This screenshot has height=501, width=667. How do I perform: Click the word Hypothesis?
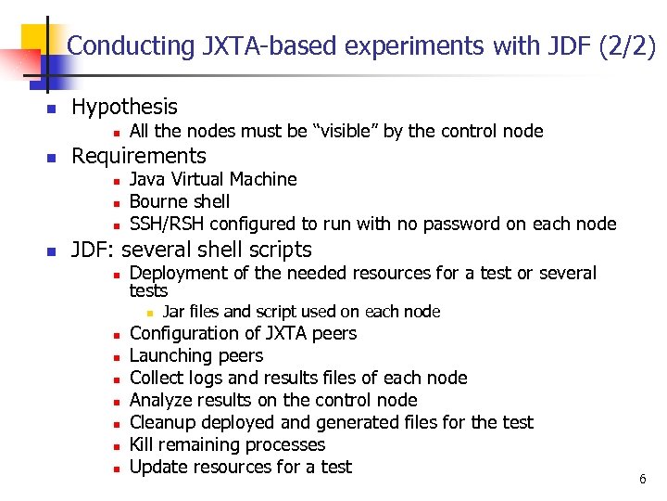coord(124,108)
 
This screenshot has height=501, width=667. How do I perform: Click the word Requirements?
coord(138,156)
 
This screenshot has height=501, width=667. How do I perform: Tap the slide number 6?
coord(642,479)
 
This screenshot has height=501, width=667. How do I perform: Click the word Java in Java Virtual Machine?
coord(147,179)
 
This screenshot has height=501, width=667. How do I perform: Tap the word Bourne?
coord(158,201)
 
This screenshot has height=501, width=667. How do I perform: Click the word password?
coord(440,224)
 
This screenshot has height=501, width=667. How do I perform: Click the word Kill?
coord(142,444)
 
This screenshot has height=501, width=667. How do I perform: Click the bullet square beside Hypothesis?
coord(52,109)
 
